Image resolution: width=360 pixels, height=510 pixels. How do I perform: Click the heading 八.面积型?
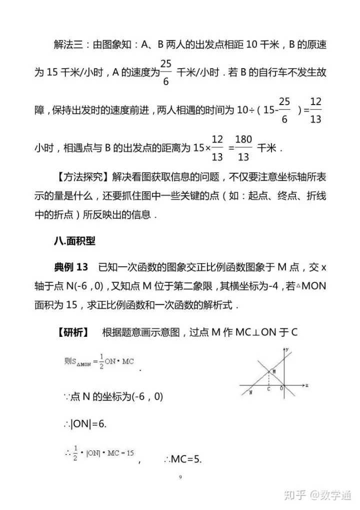[74, 240]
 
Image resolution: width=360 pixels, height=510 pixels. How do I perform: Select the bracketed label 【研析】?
[72, 332]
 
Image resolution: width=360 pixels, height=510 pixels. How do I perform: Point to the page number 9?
[180, 477]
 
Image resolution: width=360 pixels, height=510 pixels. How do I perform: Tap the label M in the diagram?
[273, 371]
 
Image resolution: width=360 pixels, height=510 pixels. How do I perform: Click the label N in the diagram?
[250, 393]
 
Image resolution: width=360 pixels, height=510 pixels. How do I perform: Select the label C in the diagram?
[269, 389]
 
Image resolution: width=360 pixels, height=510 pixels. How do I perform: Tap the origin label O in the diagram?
[281, 388]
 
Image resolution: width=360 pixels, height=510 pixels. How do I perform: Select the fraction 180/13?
[243, 148]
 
